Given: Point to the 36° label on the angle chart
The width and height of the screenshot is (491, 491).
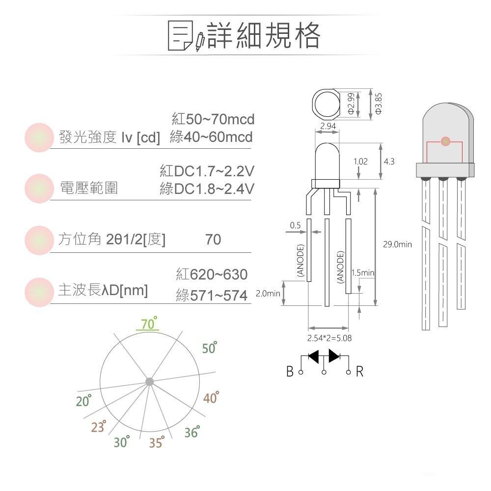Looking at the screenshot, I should tap(192, 432).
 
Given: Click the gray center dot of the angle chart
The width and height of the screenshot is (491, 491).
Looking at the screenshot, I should tap(149, 382).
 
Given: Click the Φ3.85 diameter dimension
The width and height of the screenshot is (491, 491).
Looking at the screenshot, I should tap(378, 104).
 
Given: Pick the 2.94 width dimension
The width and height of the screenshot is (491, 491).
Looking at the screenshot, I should tap(327, 127).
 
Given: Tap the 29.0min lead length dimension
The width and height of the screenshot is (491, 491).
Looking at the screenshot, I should tap(397, 244).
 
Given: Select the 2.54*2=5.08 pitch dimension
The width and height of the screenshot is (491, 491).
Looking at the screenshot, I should tap(329, 338).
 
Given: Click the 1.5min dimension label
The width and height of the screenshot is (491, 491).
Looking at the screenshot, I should tap(363, 273).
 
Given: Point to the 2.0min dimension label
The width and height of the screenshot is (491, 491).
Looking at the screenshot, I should tap(268, 294).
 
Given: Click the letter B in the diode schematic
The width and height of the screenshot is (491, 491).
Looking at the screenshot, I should tap(290, 372).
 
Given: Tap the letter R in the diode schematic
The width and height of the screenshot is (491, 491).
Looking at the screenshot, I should tap(360, 372).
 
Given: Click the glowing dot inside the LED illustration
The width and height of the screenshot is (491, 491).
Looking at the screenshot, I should tap(445, 141).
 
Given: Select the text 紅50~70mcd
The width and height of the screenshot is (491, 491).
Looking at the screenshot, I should tap(213, 119).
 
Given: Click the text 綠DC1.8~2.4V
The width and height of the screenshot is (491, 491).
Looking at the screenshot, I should tap(207, 189).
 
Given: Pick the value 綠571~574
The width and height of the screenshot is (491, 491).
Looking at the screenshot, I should tap(212, 296).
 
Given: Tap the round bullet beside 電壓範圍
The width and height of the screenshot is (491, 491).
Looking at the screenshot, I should tap(39, 188).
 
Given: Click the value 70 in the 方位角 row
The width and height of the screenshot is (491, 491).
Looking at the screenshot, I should tap(213, 240).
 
